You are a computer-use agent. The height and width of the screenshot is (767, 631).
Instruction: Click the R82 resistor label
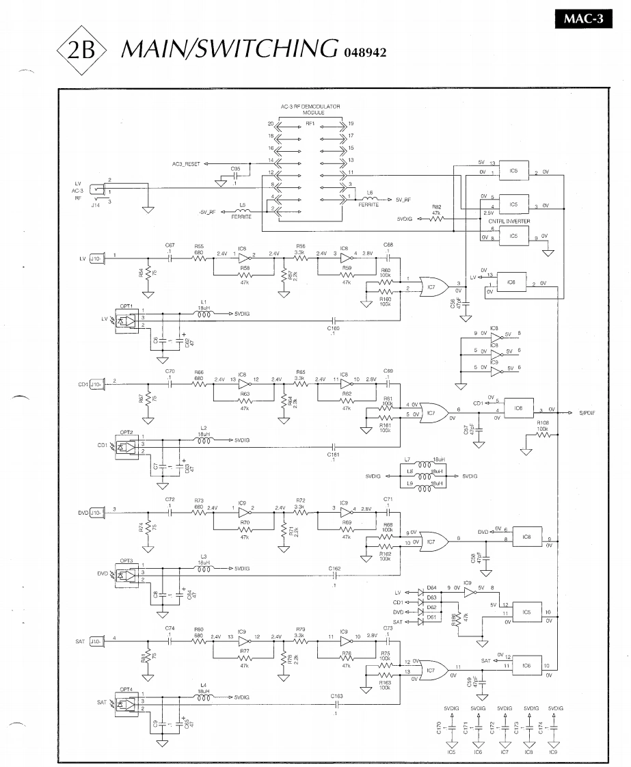pyautogui.click(x=437, y=206)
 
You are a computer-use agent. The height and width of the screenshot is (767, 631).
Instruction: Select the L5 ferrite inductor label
pyautogui.click(x=242, y=205)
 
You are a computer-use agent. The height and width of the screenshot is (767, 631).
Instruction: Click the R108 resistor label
pyautogui.click(x=543, y=423)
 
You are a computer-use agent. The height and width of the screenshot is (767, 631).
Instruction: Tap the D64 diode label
pyautogui.click(x=431, y=587)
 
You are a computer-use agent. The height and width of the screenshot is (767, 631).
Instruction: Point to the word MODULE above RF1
pyautogui.click(x=310, y=113)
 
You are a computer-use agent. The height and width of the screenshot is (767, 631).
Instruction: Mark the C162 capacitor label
pyautogui.click(x=334, y=569)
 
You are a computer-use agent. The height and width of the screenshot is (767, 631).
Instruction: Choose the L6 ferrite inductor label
pyautogui.click(x=370, y=193)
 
